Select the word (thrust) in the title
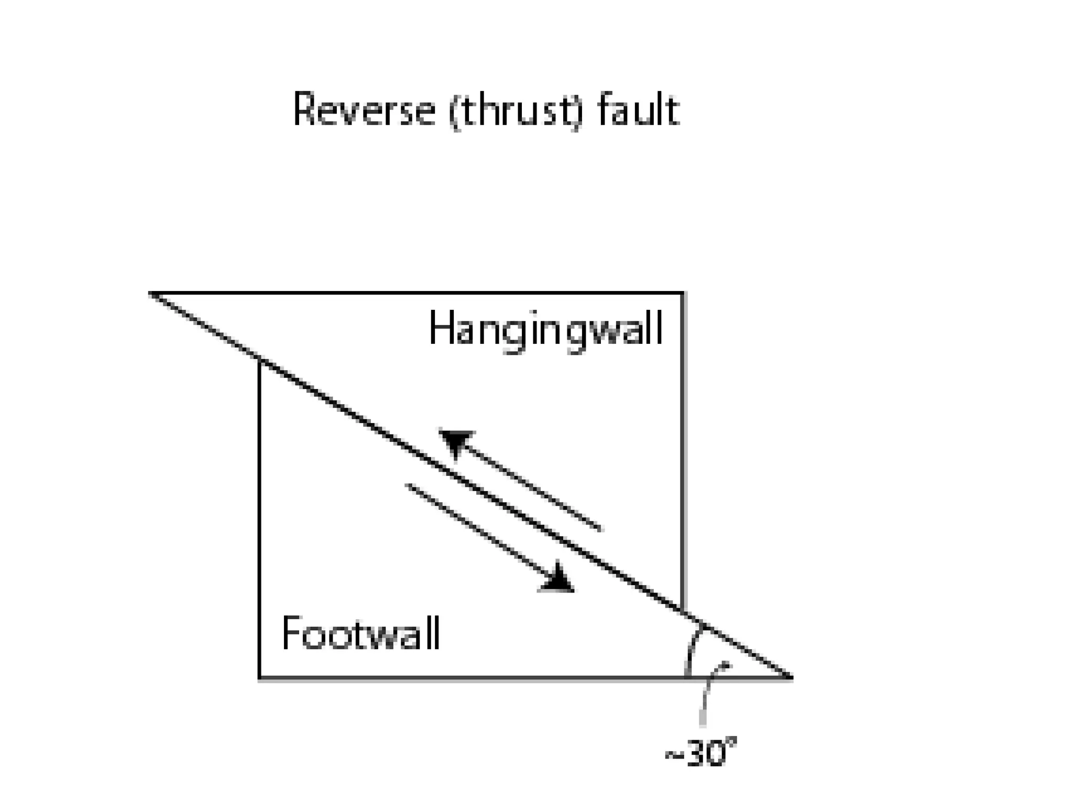click(516, 111)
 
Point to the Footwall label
click(360, 634)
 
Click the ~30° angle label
click(700, 754)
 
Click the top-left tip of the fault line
click(150, 293)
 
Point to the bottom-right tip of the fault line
click(791, 678)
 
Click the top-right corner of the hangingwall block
click(683, 293)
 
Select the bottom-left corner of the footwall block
click(260, 678)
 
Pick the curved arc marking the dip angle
click(693, 649)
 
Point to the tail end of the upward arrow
click(600, 529)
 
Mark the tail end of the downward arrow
click(408, 485)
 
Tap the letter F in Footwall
click(291, 633)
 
